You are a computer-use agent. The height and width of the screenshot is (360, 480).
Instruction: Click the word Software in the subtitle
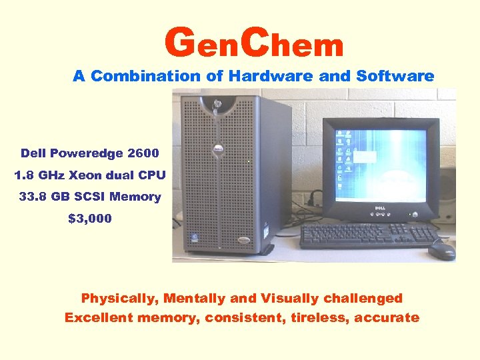pos(395,76)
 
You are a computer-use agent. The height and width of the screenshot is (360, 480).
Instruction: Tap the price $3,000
pos(90,218)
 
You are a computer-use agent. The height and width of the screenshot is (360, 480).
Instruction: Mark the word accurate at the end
pos(387,317)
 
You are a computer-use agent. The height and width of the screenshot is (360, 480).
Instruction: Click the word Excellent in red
pos(99,317)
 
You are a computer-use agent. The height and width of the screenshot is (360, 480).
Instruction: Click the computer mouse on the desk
pos(442,249)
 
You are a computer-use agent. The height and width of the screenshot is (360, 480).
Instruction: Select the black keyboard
pos(366,235)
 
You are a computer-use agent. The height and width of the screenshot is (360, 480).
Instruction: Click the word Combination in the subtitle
pos(147,76)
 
